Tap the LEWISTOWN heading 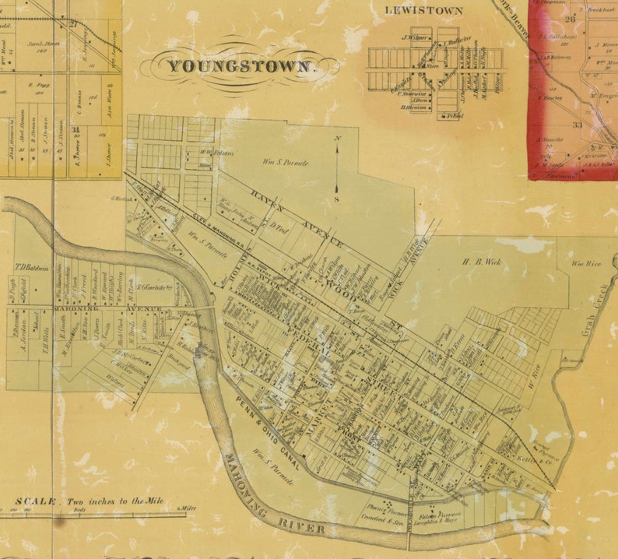click(424, 11)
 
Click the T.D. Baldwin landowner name click(26, 269)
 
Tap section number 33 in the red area click(578, 124)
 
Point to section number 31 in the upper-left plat click(75, 129)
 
